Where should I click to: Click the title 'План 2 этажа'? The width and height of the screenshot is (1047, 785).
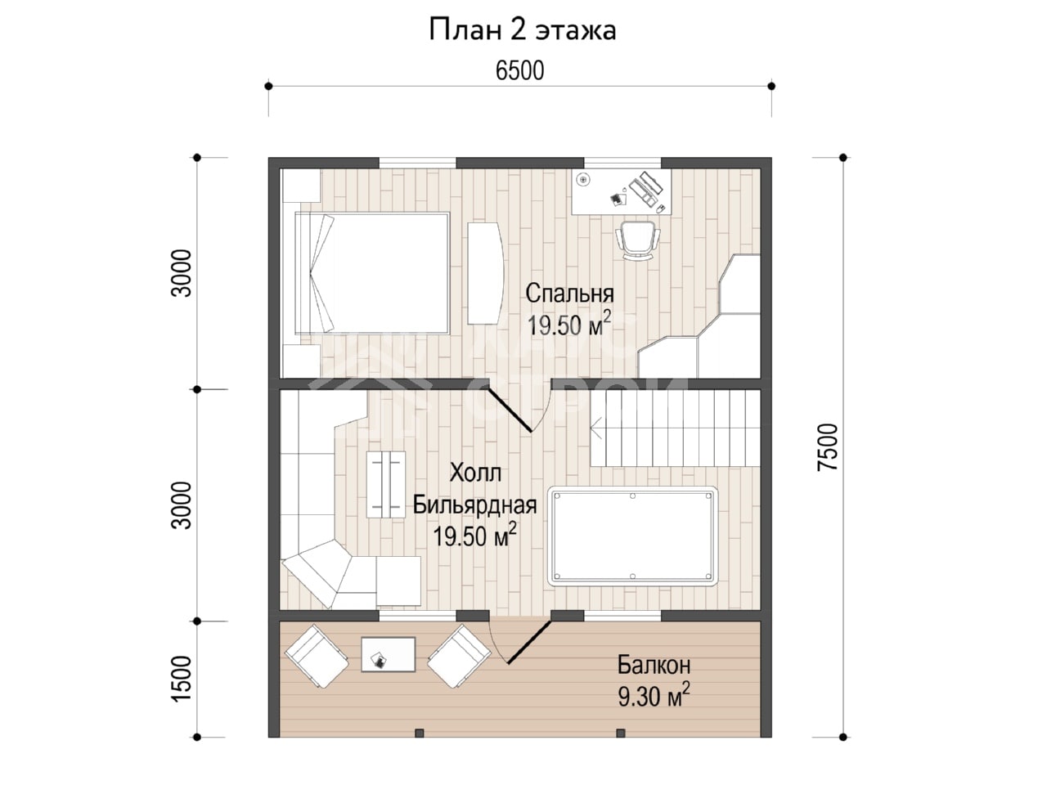(x=523, y=30)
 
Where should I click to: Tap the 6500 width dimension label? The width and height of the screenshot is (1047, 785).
(x=520, y=71)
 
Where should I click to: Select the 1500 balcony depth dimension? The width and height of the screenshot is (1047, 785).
(x=182, y=679)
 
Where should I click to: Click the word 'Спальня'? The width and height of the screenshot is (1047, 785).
(x=569, y=294)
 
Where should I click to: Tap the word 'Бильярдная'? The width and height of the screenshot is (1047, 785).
(x=474, y=505)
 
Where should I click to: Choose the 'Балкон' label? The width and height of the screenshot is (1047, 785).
(x=654, y=665)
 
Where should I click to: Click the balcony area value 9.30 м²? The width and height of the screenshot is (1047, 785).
(x=654, y=697)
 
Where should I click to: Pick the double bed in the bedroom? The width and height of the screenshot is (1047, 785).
(x=372, y=273)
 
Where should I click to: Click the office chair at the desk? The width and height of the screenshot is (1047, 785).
(x=638, y=240)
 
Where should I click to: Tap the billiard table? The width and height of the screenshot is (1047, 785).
(x=633, y=536)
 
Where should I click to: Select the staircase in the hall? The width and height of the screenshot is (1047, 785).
(x=675, y=428)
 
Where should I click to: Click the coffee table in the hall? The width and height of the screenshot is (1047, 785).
(x=386, y=484)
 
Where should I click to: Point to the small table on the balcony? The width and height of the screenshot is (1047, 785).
(x=389, y=654)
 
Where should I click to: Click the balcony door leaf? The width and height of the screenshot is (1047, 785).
(x=530, y=642)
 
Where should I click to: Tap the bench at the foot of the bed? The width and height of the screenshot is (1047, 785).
(x=485, y=273)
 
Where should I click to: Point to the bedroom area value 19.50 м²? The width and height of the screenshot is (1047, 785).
(x=569, y=325)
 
